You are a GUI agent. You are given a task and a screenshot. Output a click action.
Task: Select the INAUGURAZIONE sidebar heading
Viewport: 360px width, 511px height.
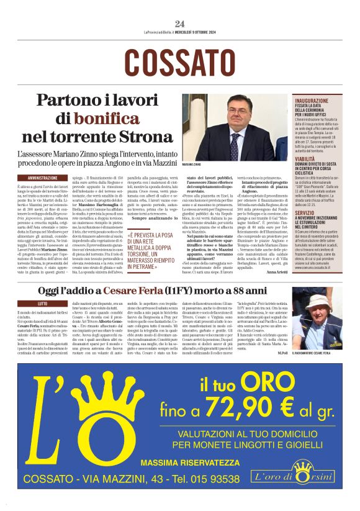(x=312, y=99)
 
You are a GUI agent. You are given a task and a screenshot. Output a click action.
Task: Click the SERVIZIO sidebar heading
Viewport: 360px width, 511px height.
(x=305, y=212)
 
